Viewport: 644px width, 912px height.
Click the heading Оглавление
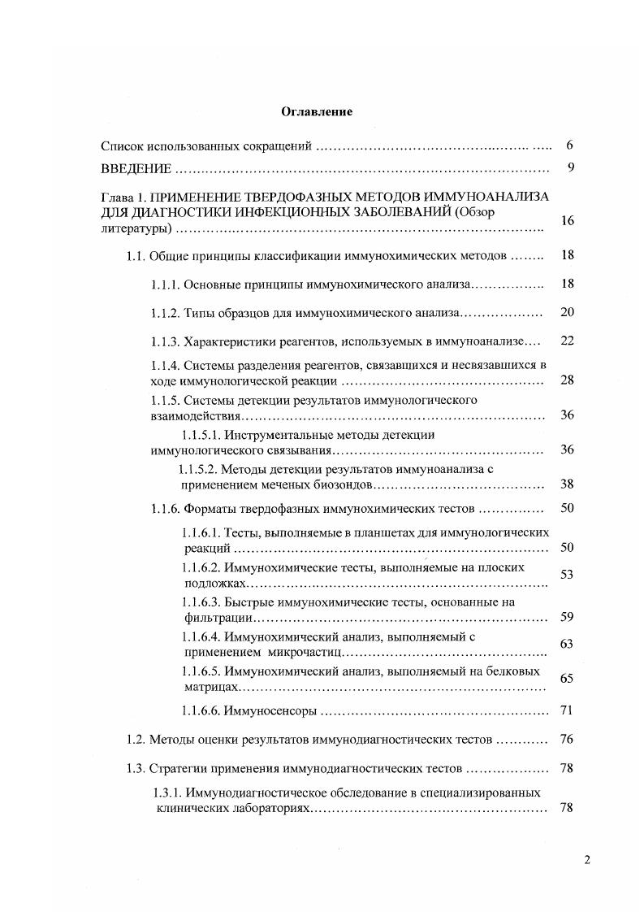(x=317, y=112)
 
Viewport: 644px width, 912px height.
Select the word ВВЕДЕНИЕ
(x=136, y=169)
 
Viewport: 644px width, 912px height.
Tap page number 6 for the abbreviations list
(x=570, y=145)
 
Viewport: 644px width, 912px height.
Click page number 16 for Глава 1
(x=567, y=221)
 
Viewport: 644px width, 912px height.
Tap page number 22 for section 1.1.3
(x=567, y=341)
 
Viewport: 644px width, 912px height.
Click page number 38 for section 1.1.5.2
(x=567, y=484)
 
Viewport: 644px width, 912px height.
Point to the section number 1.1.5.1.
(x=200, y=435)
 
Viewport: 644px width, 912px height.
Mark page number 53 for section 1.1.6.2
(x=567, y=575)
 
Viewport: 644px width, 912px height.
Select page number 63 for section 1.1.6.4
(x=567, y=644)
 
